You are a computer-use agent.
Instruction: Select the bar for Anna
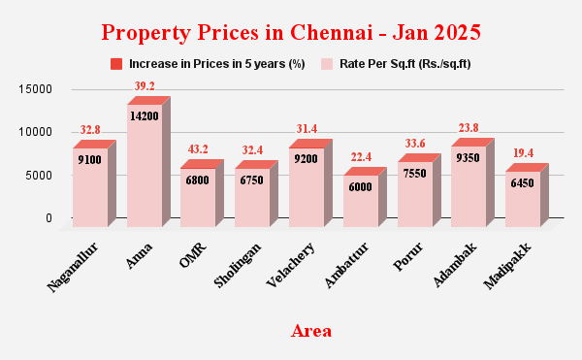[145, 165]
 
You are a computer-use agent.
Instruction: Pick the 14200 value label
[145, 115]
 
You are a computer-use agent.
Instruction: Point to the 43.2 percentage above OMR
[198, 149]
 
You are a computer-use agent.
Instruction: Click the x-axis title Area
[311, 331]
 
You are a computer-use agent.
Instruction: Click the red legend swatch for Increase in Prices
[116, 64]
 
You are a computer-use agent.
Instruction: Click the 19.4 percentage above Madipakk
[524, 153]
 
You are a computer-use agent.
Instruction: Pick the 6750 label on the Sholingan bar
[252, 180]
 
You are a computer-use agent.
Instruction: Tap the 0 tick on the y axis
[48, 218]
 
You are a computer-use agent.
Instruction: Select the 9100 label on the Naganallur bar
[90, 159]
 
